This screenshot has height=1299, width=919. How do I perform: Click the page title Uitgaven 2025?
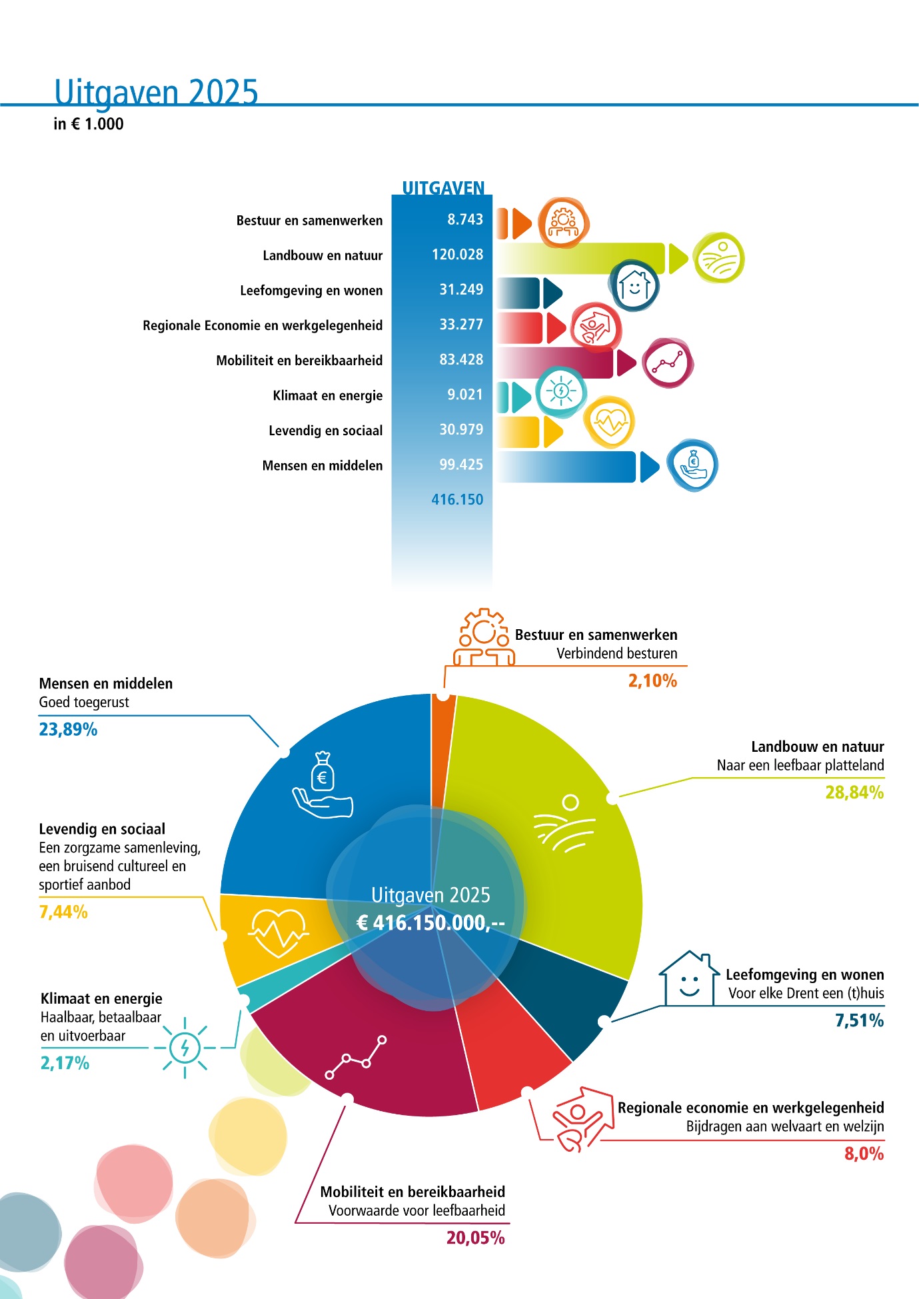[x=156, y=92]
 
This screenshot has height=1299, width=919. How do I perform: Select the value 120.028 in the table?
[x=457, y=255]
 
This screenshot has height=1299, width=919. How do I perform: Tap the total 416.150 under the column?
[x=457, y=499]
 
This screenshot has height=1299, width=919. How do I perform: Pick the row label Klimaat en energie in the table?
[x=327, y=395]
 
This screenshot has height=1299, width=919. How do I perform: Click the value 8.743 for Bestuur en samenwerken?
[x=465, y=219]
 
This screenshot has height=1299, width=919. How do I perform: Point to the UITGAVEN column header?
[x=443, y=188]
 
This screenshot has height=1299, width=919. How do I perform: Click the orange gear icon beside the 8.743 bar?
[x=564, y=223]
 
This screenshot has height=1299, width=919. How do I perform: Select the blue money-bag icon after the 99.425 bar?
[x=693, y=465]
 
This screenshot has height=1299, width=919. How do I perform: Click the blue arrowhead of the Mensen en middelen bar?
[x=648, y=467]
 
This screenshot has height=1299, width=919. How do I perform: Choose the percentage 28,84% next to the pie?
[x=854, y=792]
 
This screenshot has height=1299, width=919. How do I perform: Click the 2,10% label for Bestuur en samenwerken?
[x=652, y=680]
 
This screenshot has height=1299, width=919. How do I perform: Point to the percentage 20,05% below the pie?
[x=475, y=1238]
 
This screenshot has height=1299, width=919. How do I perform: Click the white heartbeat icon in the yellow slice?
[x=278, y=932]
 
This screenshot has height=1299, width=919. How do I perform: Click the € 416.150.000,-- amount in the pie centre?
[x=431, y=922]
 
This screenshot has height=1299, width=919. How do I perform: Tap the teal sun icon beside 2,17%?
[x=185, y=1048]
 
